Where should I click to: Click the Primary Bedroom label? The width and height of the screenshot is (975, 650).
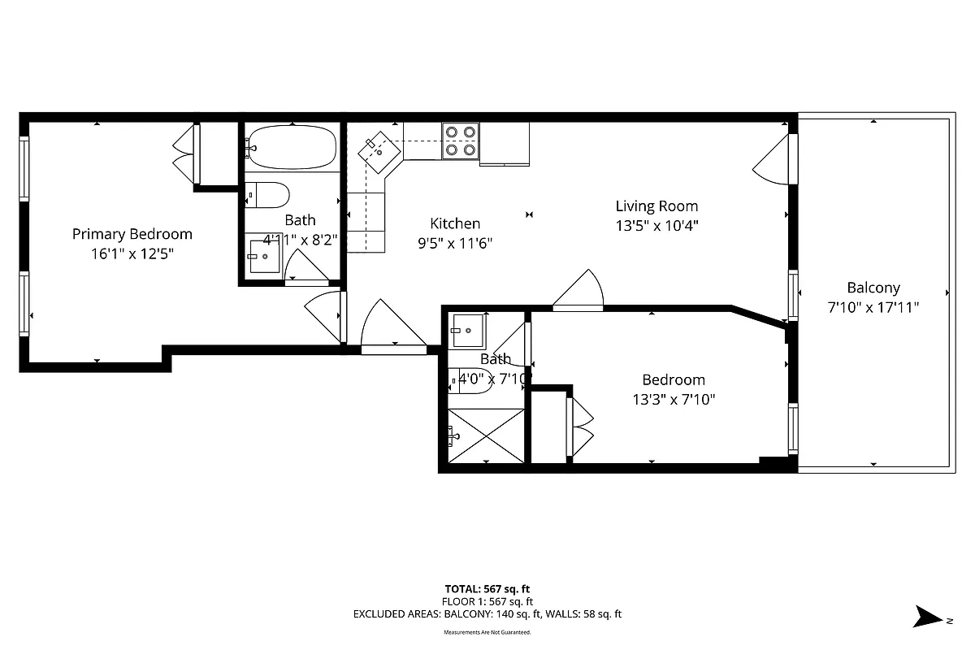coord(132,234)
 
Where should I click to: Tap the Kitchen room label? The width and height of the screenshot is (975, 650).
coord(455,223)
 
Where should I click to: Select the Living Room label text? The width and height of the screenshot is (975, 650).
coord(656,206)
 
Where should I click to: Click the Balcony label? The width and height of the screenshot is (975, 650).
coord(873,288)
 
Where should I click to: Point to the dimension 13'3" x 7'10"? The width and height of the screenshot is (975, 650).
coord(674,399)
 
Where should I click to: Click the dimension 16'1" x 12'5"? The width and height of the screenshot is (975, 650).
coord(132,253)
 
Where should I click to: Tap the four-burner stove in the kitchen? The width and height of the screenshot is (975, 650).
coord(460,140)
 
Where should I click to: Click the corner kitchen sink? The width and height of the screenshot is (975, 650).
coord(379,150)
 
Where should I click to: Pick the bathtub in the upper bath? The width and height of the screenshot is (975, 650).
coord(291,147)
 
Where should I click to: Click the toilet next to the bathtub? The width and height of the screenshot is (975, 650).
coord(267,196)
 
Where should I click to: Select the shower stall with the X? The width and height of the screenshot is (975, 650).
coord(487,436)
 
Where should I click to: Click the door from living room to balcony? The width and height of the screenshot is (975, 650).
coord(773,159)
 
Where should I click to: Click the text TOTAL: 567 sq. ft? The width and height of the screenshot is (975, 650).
coord(487,589)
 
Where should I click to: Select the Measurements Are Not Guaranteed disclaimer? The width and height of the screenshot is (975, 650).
coord(487,632)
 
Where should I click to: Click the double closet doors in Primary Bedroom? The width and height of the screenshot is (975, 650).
coord(184,154)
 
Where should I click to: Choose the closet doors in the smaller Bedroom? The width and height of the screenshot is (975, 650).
coord(582,427)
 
